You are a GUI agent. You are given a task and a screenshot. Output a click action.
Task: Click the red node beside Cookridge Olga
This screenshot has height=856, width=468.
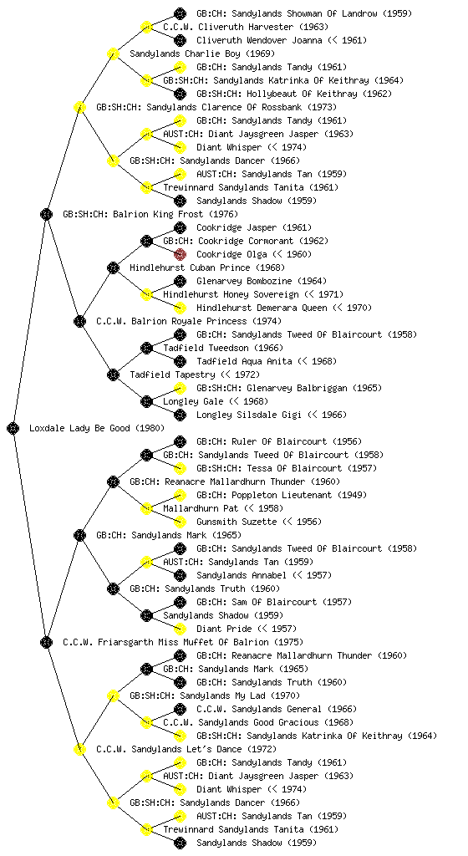coord(180,254)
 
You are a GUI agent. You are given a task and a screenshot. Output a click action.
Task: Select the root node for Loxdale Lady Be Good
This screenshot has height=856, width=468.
coord(13,428)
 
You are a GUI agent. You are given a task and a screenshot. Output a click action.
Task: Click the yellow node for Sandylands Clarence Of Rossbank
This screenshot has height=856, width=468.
coord(79,107)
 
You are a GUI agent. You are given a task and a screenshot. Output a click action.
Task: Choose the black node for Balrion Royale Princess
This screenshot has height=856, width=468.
coord(79,321)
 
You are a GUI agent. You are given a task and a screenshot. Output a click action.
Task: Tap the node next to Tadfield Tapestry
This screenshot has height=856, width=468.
coord(113,374)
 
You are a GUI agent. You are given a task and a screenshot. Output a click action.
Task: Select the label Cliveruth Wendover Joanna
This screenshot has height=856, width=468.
coord(262,40)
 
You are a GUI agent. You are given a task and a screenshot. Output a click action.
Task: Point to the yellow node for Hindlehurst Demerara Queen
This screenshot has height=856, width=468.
coord(180,308)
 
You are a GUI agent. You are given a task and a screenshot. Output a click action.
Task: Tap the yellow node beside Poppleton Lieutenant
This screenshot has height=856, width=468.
coord(180,495)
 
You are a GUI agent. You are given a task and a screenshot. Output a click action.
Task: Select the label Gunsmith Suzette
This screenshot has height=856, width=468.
coord(237,522)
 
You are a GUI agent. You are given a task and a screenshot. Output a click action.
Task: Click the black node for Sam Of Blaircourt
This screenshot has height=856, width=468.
coord(180,602)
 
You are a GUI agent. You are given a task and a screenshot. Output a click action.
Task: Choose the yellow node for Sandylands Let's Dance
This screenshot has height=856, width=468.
coord(79,749)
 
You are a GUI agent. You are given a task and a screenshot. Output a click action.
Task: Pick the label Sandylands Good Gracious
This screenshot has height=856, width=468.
coord(256,722)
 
